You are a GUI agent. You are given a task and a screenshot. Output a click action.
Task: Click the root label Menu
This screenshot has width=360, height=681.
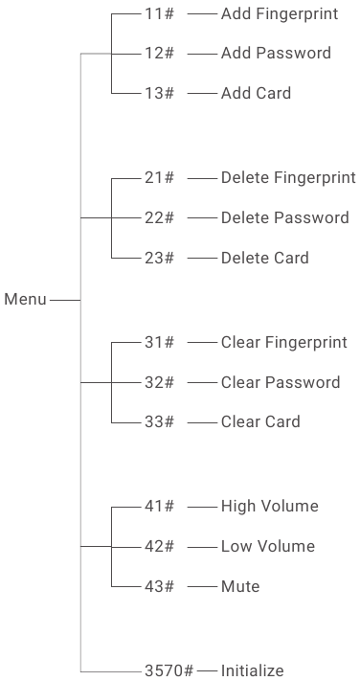pos(25,300)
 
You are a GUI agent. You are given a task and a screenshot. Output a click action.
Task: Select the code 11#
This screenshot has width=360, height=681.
pos(159,14)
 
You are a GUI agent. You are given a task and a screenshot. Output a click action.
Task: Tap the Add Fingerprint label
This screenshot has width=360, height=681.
pos(279,14)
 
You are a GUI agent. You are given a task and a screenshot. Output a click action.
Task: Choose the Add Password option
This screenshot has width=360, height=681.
pos(276,54)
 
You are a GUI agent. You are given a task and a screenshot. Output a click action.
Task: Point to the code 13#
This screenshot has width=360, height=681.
pos(159,93)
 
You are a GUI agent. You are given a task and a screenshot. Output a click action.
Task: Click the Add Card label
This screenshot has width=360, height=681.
pos(256,93)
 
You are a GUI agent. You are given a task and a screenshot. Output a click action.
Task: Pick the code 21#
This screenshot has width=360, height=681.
pos(159,178)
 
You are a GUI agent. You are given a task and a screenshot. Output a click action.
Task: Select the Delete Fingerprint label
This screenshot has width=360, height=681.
pos(288,178)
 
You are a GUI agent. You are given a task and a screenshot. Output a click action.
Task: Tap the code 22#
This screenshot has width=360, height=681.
pos(159,217)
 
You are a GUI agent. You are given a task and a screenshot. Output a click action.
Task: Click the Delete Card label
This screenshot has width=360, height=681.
pos(264,258)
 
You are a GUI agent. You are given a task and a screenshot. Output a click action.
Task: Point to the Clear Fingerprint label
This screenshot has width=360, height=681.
pos(283,343)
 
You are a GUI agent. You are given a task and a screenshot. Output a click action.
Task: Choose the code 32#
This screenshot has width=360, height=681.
pos(159,382)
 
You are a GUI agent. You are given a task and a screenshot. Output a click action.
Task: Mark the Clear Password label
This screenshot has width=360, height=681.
pos(281,382)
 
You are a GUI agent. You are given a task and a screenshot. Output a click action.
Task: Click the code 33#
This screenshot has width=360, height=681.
pos(159,421)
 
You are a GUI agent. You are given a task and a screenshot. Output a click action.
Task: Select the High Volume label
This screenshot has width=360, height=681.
pos(269,507)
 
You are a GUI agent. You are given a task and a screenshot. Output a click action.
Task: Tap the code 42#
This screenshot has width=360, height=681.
pos(159,546)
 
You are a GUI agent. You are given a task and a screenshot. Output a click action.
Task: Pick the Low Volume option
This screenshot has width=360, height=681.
pos(267,546)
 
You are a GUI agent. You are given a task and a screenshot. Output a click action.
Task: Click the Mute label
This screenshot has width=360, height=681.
pos(239,586)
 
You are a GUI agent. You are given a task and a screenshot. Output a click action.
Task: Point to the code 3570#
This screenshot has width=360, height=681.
pos(169,670)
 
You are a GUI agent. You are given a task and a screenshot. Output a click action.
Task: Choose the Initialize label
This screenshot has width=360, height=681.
pos(252,670)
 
